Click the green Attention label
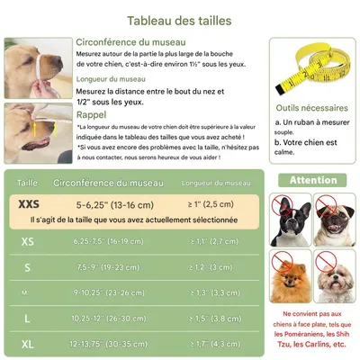point(313,180)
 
